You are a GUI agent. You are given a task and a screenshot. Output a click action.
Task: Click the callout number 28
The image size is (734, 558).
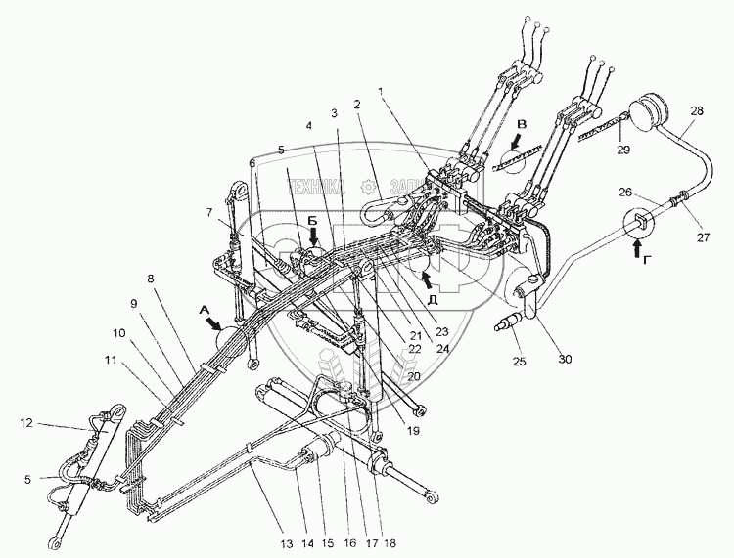(x=697, y=112)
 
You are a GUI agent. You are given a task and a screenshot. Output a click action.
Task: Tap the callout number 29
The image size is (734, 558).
(x=623, y=149)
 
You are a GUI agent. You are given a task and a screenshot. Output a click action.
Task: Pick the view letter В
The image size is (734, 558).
(x=521, y=124)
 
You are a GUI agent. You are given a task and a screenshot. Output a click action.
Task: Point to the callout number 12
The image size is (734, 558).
(x=25, y=423)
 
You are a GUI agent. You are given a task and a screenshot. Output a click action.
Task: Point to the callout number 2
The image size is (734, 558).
(x=357, y=103)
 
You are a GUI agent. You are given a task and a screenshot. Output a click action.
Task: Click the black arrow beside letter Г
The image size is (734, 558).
(x=643, y=249)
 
